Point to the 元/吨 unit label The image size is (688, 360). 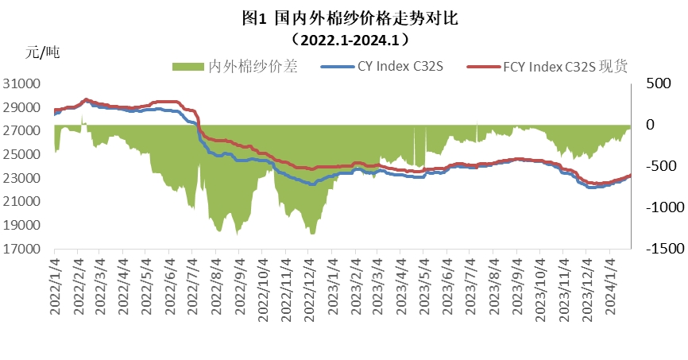tap(42, 53)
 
